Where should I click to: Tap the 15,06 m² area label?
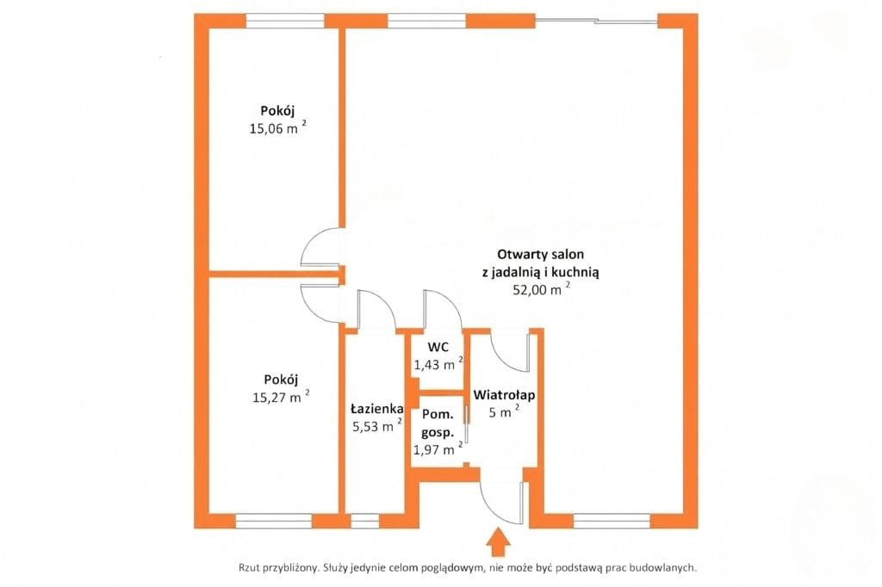point(278,127)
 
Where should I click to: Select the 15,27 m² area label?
point(281,397)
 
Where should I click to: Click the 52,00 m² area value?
point(541,289)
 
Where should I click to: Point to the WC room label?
point(438,347)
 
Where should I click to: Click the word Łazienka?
point(377,408)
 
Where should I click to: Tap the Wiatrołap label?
point(504,395)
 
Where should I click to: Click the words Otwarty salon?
point(541,254)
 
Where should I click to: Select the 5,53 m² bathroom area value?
point(377,425)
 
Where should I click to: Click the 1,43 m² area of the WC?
point(438,364)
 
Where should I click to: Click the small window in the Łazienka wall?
point(364,522)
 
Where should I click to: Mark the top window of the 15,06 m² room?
point(285,21)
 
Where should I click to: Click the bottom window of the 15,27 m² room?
point(273,522)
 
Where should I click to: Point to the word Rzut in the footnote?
point(248,568)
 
